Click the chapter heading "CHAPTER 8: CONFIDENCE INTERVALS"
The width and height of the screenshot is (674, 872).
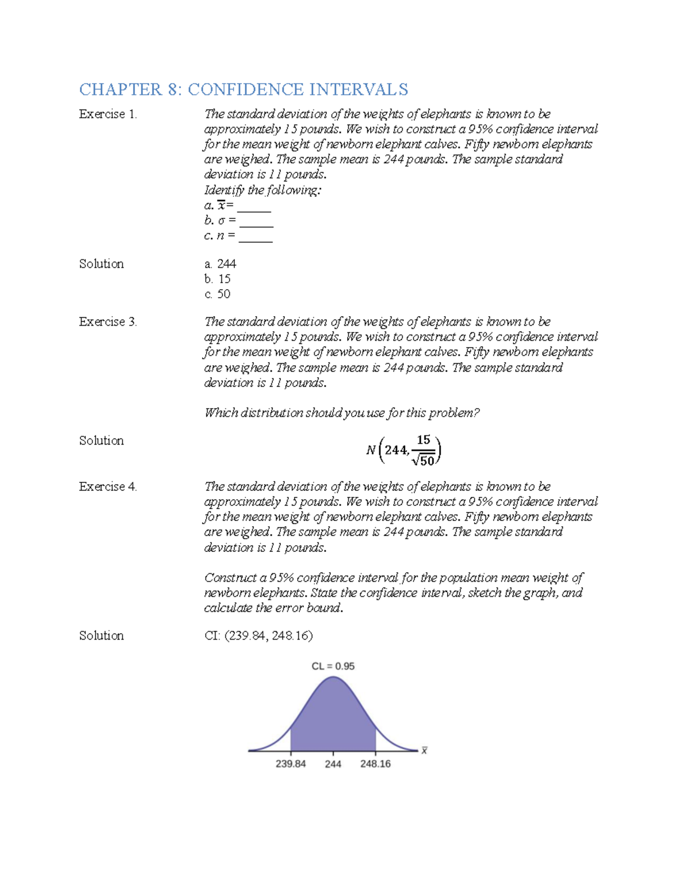click(x=243, y=89)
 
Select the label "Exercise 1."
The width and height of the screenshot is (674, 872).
click(x=108, y=114)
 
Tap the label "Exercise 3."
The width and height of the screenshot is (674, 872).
click(x=108, y=322)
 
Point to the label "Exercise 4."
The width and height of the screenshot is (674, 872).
click(x=108, y=487)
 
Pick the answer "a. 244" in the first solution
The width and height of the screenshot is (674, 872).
click(x=220, y=264)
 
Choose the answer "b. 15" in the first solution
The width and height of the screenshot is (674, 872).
click(x=217, y=279)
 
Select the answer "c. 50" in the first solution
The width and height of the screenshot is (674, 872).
click(x=217, y=294)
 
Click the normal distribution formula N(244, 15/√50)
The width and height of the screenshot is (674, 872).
click(x=403, y=450)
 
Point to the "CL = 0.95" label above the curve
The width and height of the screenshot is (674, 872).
click(x=333, y=666)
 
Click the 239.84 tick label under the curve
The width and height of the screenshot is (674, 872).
click(x=291, y=764)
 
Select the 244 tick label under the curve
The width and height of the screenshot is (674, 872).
click(x=333, y=764)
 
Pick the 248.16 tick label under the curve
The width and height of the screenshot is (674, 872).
click(x=375, y=764)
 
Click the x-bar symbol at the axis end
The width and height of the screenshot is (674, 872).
click(x=425, y=751)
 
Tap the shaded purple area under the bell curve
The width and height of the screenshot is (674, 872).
click(x=333, y=719)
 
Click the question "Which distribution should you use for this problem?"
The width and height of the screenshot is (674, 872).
click(x=341, y=413)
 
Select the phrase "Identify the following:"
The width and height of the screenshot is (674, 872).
click(x=263, y=190)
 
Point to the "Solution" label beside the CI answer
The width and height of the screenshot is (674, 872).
click(x=101, y=636)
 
